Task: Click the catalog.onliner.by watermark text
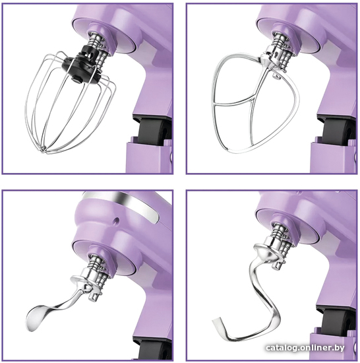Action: click(x=305, y=347)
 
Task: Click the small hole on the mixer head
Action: click(x=115, y=220)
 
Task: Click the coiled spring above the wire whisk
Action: click(x=94, y=40)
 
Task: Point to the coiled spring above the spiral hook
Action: click(x=279, y=230)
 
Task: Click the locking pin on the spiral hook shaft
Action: click(x=278, y=265)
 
